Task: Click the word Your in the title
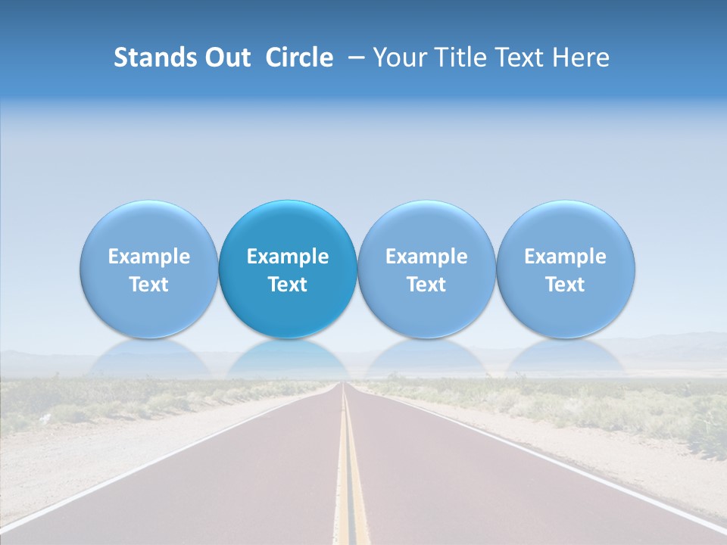[x=396, y=58]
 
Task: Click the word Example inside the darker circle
[x=288, y=257]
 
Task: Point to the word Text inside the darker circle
[x=288, y=285]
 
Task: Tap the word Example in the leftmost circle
[x=148, y=257]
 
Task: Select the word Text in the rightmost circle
[x=565, y=285]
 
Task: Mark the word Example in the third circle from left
[x=426, y=257]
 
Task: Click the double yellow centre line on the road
[x=351, y=484]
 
